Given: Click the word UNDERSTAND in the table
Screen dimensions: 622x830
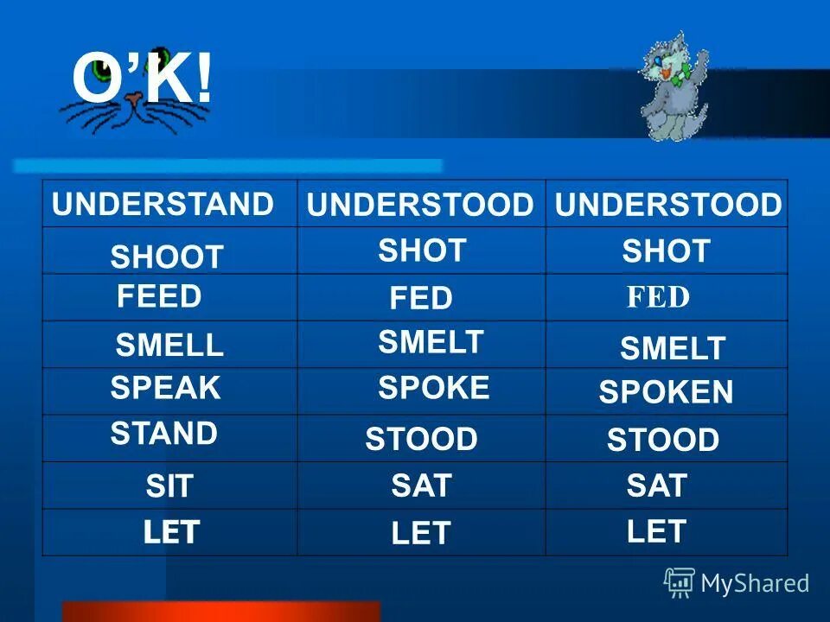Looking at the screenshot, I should tap(163, 205).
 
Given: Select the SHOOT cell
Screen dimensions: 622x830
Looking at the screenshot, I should tap(167, 257).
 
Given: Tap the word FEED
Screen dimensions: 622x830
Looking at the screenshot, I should tap(159, 296).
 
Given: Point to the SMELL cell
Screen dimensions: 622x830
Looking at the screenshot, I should tap(169, 346).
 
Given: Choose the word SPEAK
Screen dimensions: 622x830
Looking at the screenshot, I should tap(166, 388).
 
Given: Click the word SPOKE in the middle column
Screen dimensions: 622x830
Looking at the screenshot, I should tap(433, 388).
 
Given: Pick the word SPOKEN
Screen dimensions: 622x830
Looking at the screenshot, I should tap(666, 393).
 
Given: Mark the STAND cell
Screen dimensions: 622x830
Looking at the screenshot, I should tap(164, 433).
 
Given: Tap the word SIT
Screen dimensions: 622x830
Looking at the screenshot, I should tap(169, 487).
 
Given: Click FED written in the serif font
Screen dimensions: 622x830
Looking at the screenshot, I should tap(658, 298).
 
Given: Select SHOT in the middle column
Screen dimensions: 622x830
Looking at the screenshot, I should tap(422, 251).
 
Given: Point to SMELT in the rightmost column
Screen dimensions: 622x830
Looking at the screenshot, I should tap(672, 349).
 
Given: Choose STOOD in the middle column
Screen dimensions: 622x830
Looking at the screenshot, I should tap(421, 439).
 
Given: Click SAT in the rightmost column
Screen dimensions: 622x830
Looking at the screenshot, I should tap(656, 486).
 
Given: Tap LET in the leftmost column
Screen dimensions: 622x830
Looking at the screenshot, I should tap(171, 532).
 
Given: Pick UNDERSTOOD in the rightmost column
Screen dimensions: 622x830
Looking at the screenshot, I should tap(667, 206).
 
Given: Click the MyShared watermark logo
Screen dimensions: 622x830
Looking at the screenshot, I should tap(737, 583).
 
